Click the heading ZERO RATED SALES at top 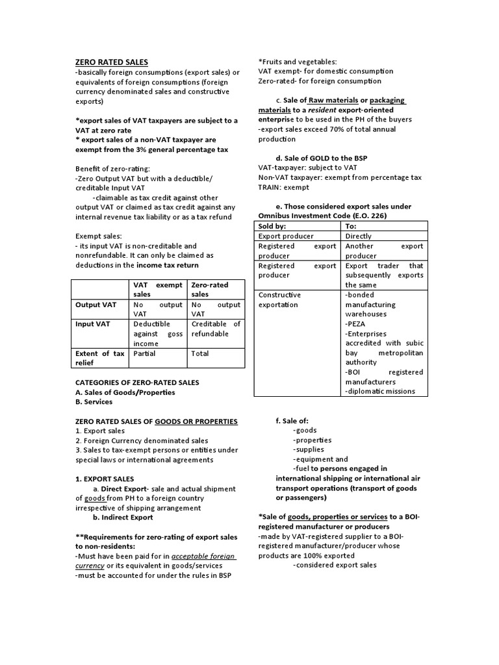click(112, 62)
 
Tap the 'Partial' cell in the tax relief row click(144, 354)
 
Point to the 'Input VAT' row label click(93, 323)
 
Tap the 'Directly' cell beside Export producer click(361, 236)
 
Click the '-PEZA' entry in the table click(358, 323)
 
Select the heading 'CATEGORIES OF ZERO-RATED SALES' click(137, 383)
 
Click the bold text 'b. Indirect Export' click(123, 518)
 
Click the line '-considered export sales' click(335, 565)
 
